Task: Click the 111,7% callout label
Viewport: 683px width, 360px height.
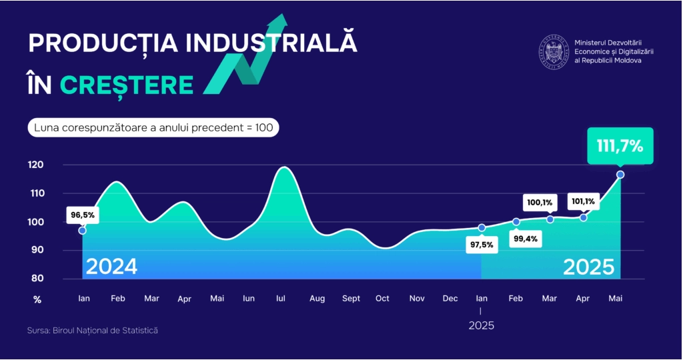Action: coord(620,146)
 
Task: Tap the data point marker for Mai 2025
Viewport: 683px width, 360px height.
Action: coord(620,175)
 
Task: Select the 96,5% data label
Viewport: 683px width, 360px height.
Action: coord(83,215)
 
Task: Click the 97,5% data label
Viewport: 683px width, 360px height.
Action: coord(481,245)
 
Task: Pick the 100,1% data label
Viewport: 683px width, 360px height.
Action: coord(540,202)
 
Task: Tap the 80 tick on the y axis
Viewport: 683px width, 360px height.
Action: coord(37,279)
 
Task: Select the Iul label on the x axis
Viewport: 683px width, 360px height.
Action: coord(281,299)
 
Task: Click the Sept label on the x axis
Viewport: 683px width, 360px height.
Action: coord(351,299)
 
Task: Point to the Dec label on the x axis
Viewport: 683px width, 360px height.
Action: coord(450,299)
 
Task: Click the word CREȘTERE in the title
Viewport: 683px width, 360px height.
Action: coord(127,85)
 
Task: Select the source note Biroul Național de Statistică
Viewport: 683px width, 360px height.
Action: coord(93,330)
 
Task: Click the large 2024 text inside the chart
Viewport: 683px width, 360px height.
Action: coord(111,267)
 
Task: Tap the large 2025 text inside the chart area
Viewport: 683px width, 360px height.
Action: coord(588,267)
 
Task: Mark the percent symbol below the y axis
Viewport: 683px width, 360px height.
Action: coord(37,300)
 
